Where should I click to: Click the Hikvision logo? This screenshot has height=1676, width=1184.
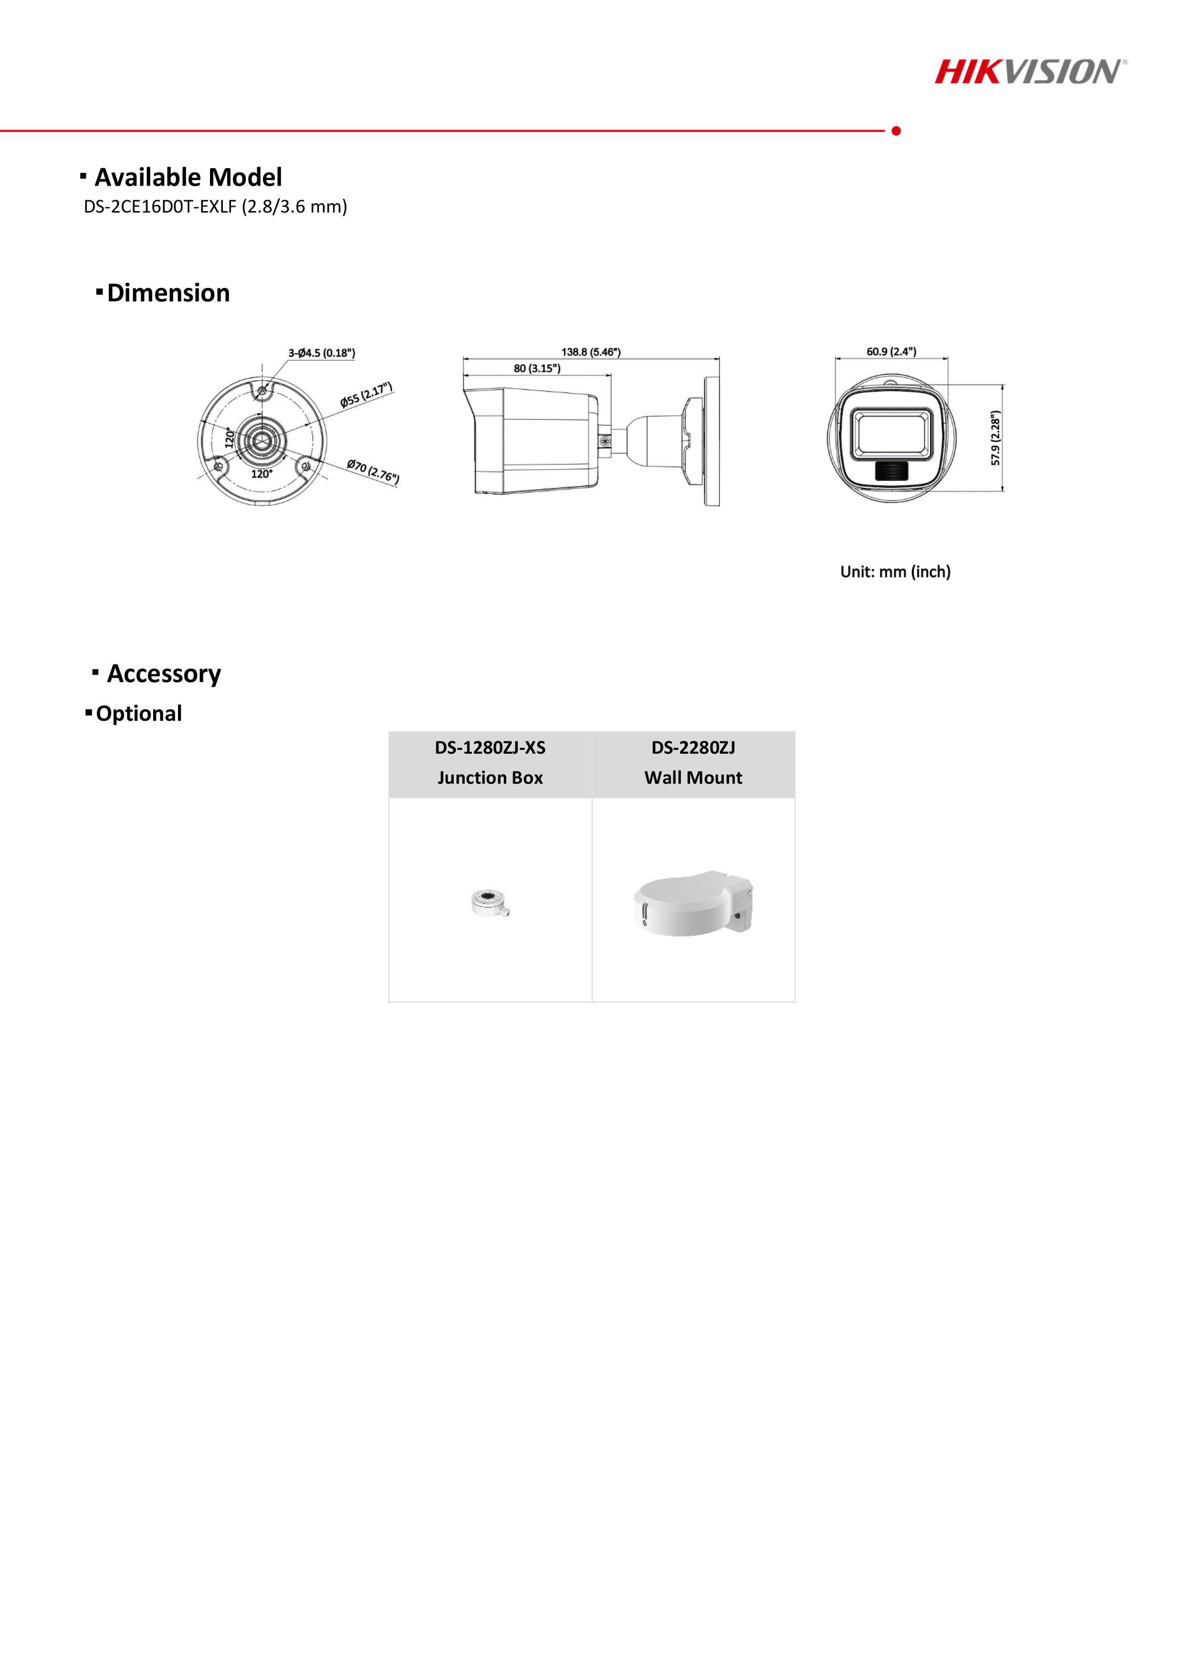pyautogui.click(x=1029, y=72)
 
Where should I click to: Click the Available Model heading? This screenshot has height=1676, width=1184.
pyautogui.click(x=188, y=177)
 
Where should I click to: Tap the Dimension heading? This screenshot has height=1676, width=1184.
pyautogui.click(x=168, y=293)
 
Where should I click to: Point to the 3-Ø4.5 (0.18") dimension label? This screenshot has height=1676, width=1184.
pyautogui.click(x=321, y=353)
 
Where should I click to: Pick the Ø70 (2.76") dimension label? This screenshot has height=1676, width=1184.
pyautogui.click(x=373, y=471)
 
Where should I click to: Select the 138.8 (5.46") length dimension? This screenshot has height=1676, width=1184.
pyautogui.click(x=590, y=352)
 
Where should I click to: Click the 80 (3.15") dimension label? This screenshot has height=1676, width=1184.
pyautogui.click(x=537, y=369)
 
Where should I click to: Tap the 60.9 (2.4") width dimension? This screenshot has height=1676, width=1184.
pyautogui.click(x=891, y=352)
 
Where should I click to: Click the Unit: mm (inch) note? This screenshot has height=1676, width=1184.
pyautogui.click(x=895, y=572)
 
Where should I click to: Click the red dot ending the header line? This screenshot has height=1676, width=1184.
pyautogui.click(x=896, y=131)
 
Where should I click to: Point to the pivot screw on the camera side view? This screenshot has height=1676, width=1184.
pyautogui.click(x=605, y=441)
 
